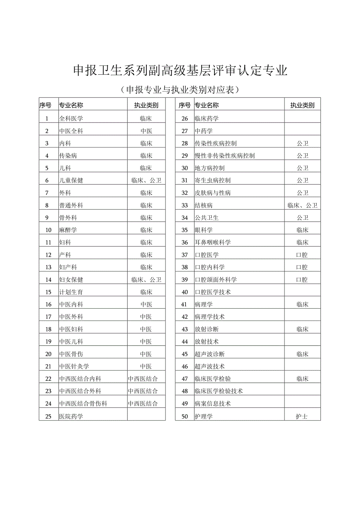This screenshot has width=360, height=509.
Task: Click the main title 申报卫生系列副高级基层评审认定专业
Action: tap(180, 70)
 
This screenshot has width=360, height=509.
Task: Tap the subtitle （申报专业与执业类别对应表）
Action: tap(180, 90)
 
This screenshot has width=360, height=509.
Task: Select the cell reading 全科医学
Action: tap(71, 119)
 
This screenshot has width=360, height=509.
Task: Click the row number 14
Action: tap(49, 280)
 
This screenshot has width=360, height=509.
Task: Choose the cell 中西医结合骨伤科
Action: tap(83, 403)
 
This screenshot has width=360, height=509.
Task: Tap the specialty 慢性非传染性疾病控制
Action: tap(225, 156)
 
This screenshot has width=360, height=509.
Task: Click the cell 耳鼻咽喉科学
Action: tap(212, 243)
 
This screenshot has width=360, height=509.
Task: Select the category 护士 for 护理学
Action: tap(302, 417)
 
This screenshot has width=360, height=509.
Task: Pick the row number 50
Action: tap(185, 417)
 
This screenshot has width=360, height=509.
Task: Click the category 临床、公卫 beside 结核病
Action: tap(302, 205)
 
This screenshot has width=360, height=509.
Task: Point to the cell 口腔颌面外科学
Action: tap(216, 280)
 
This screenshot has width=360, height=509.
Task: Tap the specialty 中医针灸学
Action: tap(74, 367)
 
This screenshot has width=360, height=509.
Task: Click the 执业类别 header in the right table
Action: tap(302, 105)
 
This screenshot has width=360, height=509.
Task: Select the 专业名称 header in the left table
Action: tap(71, 105)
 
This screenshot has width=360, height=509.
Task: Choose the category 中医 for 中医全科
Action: tap(146, 131)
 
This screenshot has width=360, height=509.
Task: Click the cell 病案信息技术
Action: tap(212, 403)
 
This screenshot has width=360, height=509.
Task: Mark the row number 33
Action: tap(185, 205)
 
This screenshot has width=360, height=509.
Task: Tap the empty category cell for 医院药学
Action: tap(146, 416)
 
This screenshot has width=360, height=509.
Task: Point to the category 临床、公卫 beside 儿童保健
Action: tap(146, 180)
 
